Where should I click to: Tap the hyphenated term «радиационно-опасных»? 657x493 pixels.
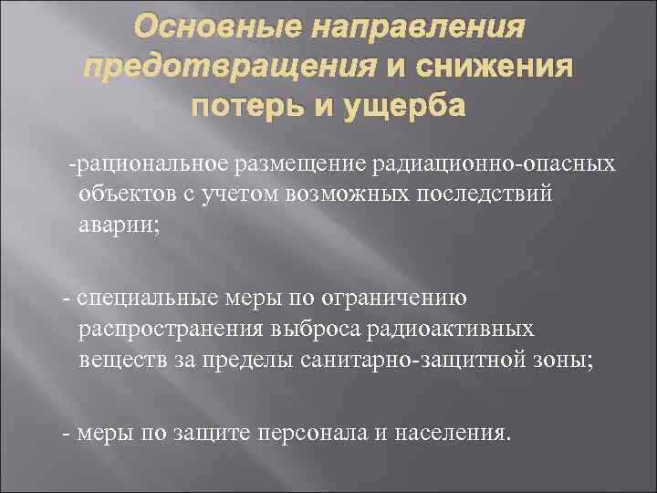tap(492, 164)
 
